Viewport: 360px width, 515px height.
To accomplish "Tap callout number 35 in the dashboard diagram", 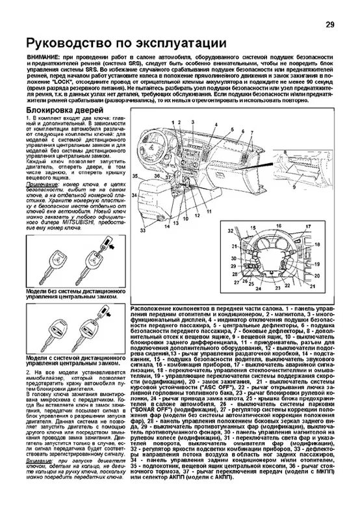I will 135,176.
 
